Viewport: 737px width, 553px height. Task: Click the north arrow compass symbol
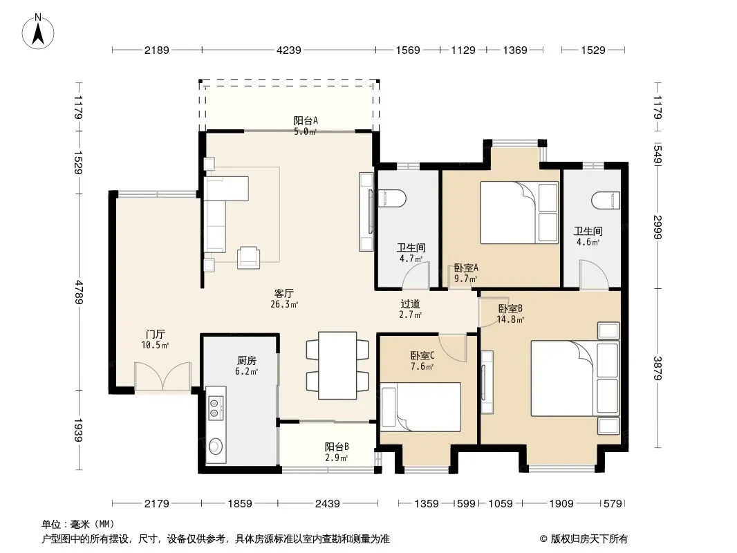point(38,32)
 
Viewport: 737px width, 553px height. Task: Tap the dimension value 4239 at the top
point(288,50)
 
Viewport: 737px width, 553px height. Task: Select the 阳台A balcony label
point(306,120)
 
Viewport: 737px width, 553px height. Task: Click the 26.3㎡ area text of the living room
point(284,304)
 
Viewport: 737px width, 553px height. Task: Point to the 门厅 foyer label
point(155,334)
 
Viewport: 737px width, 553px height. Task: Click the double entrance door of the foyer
point(162,376)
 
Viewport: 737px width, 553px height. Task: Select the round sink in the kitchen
point(216,446)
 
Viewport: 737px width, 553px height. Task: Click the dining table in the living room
point(337,366)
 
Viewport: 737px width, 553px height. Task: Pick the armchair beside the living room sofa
point(249,258)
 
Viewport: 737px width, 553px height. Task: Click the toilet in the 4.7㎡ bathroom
point(391,198)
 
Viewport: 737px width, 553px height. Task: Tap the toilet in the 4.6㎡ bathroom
point(606,200)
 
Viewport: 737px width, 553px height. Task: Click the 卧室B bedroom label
point(510,309)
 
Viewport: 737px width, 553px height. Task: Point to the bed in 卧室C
point(420,407)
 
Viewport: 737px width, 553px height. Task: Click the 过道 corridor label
point(411,304)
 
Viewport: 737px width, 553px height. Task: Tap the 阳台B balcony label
point(337,447)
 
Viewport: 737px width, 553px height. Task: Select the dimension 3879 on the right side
point(657,368)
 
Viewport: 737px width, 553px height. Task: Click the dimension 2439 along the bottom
point(327,504)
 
